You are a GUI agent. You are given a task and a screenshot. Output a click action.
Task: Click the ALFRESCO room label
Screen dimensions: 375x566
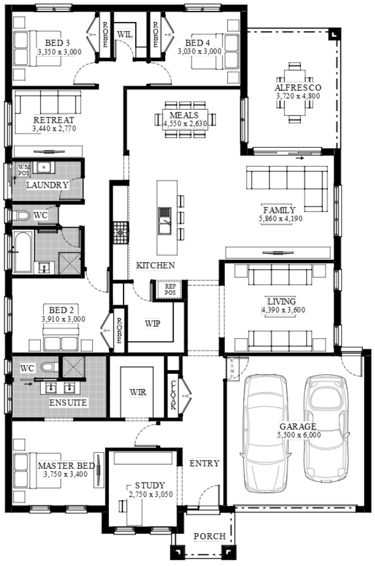point(298,87)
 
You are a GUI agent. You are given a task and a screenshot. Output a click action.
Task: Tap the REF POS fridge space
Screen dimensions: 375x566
point(170,289)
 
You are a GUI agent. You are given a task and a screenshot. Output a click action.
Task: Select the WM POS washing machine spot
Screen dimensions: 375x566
point(24,170)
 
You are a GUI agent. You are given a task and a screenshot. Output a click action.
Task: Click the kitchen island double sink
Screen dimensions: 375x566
point(165,221)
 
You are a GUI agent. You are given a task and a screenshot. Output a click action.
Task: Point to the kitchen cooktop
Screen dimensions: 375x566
point(120,233)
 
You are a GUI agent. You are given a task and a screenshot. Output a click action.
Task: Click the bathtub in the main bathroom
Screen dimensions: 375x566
point(23,251)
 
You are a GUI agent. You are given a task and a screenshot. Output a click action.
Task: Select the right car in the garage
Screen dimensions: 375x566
point(326,428)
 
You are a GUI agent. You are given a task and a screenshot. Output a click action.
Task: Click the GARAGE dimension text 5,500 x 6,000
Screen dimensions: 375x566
point(299,435)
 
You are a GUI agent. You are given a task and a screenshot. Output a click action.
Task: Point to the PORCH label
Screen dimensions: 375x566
point(210,536)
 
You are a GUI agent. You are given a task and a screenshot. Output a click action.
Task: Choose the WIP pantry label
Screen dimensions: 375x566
point(153,323)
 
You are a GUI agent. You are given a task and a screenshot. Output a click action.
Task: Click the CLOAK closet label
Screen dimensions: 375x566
point(173,395)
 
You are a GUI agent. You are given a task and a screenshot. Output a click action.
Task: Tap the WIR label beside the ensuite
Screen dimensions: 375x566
point(138,392)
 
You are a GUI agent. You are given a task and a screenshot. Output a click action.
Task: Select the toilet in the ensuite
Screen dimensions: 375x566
point(49,367)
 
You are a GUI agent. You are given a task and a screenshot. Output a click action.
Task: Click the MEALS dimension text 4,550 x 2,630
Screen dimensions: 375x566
point(185,124)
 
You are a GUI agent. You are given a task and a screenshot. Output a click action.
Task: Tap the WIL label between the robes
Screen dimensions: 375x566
point(125,35)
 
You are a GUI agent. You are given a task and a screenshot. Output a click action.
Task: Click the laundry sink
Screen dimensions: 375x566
point(44,167)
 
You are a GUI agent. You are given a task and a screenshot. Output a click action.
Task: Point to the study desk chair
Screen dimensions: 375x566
point(123,507)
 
